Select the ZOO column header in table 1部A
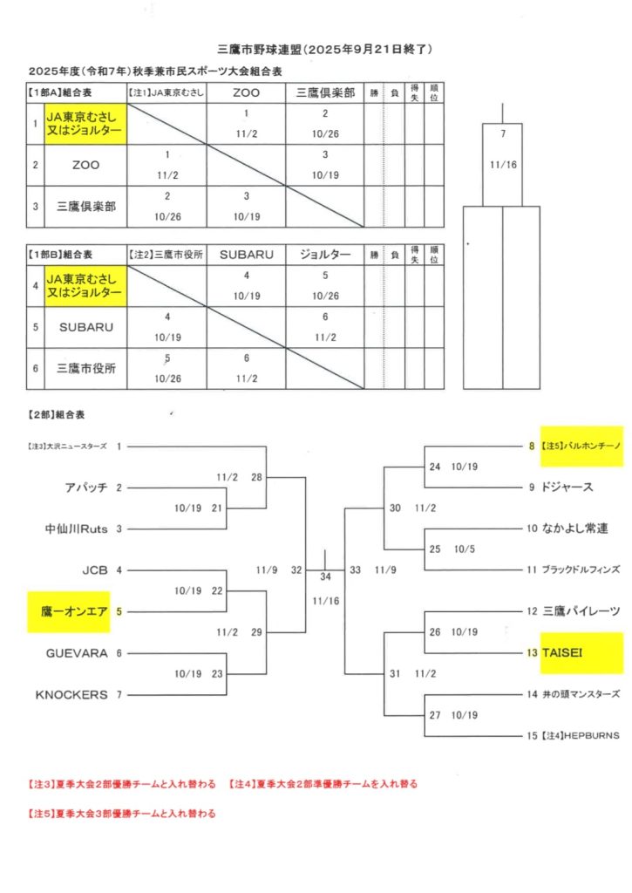pos(247,92)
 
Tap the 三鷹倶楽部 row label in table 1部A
pos(85,207)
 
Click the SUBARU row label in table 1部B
pos(82,327)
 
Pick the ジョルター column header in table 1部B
pos(324,255)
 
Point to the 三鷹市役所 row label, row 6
pos(85,368)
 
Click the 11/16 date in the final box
pos(502,163)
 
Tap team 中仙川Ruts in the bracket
pos(77,528)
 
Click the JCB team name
pos(94,570)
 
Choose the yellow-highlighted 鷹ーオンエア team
pos(73,611)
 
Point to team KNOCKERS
pos(71,694)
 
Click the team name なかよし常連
pos(574,528)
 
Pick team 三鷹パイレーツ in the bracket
pos(581,611)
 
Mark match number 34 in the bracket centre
pos(325,576)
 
